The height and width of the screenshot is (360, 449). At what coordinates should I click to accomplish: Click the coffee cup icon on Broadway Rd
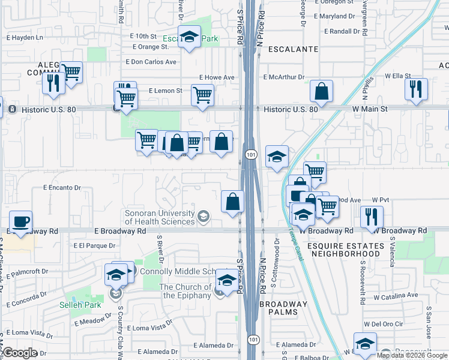click(21, 221)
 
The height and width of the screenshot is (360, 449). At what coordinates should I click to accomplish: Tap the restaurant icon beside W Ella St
click(416, 89)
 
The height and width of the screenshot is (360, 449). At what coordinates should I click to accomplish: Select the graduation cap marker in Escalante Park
click(190, 37)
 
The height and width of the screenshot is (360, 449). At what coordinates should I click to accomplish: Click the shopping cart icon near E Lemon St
click(202, 95)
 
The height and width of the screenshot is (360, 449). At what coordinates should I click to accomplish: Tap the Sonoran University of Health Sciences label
click(160, 217)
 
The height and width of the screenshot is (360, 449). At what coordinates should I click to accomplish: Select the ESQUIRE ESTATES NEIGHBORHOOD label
click(345, 250)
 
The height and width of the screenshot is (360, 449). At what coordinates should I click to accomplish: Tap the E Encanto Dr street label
click(62, 188)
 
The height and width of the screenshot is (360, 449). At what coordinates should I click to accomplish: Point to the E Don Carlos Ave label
click(151, 62)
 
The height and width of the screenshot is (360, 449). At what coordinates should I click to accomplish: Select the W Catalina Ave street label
click(395, 296)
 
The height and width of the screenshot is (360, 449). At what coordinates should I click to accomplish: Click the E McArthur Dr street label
click(284, 77)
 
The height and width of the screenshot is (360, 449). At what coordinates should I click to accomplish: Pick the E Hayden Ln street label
click(25, 37)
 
